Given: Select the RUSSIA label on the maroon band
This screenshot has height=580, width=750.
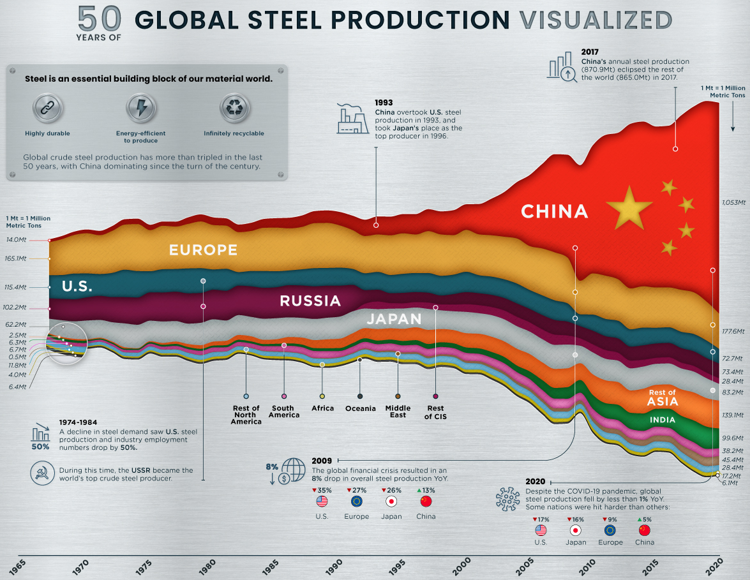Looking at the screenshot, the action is [310, 301].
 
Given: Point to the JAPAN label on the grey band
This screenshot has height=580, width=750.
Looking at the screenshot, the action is [394, 319].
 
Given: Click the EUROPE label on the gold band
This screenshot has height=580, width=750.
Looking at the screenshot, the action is [203, 249].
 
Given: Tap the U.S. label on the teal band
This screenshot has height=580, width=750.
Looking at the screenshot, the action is [77, 286].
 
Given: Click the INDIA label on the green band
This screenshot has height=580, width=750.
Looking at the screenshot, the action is [663, 420].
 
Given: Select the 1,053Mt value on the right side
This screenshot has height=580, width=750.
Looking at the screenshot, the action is [733, 202].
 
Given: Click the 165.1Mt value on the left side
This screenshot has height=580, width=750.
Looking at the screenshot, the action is [15, 258].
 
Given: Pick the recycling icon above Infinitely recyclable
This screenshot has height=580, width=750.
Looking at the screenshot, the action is [234, 108].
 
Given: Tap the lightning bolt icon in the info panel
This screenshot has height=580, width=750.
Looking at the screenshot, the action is [140, 108].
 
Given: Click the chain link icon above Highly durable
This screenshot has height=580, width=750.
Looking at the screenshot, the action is [47, 108].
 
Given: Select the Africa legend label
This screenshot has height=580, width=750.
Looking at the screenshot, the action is [322, 408].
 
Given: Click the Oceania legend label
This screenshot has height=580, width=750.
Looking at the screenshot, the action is [360, 408].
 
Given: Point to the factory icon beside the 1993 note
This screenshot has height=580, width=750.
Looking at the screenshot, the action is [352, 118].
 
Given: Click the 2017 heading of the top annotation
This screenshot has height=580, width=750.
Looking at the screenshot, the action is [590, 52].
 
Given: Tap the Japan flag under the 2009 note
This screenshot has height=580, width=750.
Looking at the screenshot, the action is [391, 501].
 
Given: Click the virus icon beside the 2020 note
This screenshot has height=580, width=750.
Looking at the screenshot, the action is [508, 499].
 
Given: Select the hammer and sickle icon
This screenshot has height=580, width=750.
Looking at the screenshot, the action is [42, 473].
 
